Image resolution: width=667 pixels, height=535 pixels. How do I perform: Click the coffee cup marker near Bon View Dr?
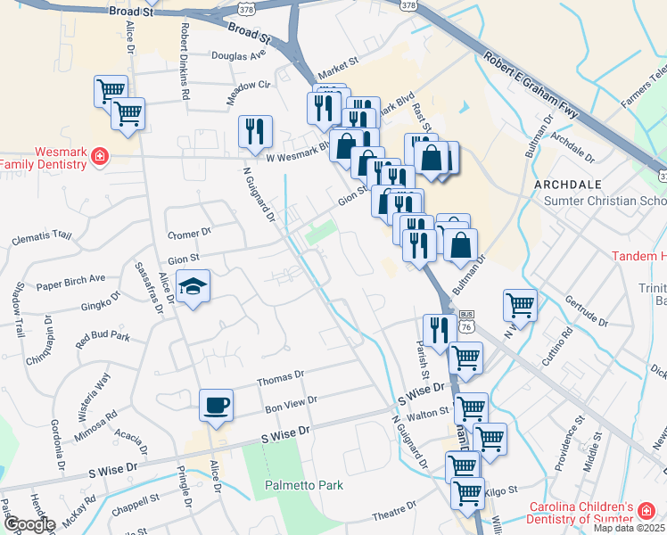point(216,406)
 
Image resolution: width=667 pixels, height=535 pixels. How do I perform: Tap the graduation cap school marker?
point(193,286)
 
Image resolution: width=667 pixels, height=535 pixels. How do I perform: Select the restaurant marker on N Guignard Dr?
point(255,131)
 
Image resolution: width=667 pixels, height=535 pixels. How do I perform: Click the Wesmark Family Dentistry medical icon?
point(99,158)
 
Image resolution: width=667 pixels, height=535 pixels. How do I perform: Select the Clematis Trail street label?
point(42,237)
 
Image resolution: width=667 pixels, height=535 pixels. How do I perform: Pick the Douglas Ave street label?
point(239,55)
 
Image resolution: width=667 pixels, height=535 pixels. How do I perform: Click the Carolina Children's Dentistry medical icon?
point(645,512)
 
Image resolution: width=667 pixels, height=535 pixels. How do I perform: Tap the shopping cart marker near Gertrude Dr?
point(520,305)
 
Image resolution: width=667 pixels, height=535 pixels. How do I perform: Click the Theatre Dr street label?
point(389,515)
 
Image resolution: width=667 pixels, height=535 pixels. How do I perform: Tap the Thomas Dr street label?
point(281,380)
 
